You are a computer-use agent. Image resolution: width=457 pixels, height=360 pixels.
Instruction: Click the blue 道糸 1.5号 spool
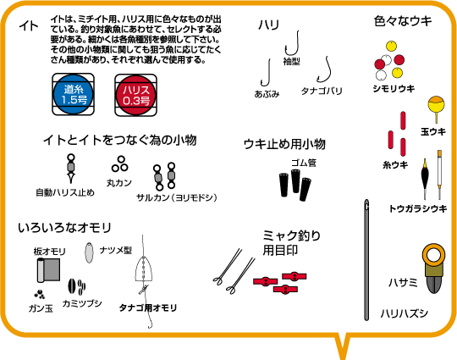(x=73, y=94)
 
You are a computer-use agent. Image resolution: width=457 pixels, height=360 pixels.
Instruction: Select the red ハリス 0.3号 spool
(x=135, y=95)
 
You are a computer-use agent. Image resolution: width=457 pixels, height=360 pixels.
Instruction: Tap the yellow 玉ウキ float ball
(x=436, y=105)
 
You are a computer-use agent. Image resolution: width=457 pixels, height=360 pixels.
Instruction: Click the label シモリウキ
(x=394, y=89)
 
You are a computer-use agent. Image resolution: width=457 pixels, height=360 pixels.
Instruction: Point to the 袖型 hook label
(x=291, y=61)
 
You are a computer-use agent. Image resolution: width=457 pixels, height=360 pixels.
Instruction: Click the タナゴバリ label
(x=322, y=91)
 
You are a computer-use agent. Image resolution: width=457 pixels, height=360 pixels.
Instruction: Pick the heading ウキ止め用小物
(x=284, y=144)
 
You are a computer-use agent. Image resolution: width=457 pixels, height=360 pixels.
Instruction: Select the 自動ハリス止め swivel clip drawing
(x=71, y=169)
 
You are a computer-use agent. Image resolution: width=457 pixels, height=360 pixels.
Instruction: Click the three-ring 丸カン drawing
(x=120, y=164)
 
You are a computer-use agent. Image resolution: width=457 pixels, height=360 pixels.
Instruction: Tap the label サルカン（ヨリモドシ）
(x=177, y=197)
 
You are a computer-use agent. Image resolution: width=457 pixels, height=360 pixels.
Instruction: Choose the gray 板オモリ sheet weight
(x=48, y=270)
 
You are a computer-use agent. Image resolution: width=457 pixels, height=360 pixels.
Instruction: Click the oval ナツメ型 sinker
(x=89, y=252)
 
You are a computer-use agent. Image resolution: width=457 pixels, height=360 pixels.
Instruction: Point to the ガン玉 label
(x=41, y=308)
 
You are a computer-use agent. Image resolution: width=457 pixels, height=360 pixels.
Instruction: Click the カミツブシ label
(x=82, y=304)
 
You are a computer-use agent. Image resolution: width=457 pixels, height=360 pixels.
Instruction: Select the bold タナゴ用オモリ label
(x=148, y=307)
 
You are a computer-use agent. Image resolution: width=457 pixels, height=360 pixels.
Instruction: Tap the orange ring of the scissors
(x=434, y=255)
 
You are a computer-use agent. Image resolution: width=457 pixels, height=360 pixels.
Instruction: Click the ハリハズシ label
(x=405, y=313)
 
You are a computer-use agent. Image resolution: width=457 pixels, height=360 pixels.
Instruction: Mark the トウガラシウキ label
(x=418, y=208)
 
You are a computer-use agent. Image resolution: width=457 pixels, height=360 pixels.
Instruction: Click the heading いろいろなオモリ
(x=64, y=228)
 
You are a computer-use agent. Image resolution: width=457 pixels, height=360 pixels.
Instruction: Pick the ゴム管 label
(x=304, y=163)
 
